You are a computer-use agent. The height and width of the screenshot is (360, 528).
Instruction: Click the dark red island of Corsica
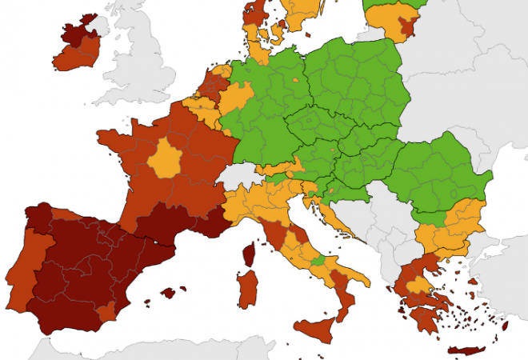point(248,256)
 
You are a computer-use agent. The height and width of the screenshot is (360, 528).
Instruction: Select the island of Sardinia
point(248,288)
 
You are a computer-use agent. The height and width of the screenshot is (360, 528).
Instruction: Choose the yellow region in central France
point(166,158)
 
